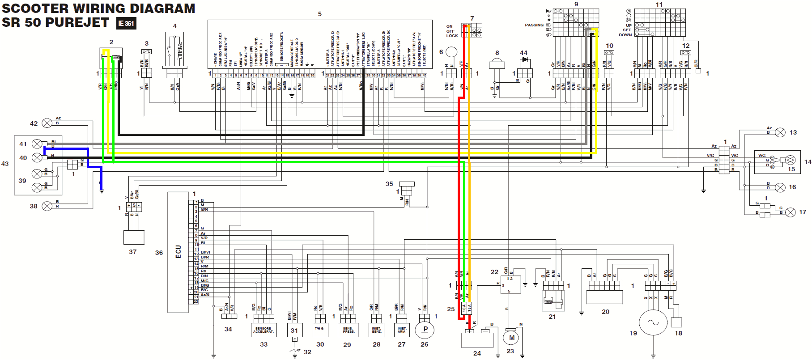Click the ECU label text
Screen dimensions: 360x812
click(178, 252)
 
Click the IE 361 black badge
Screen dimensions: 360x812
click(126, 23)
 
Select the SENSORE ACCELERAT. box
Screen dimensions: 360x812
click(264, 330)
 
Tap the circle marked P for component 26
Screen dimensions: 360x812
click(425, 330)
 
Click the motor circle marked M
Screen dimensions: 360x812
click(511, 338)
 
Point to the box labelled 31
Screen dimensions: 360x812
click(294, 330)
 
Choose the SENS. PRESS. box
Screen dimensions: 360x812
click(349, 330)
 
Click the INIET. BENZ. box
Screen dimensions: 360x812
click(377, 330)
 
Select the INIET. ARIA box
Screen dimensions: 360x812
click(402, 330)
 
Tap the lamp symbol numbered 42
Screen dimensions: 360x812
click(47, 123)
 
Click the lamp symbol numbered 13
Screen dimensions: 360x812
click(780, 132)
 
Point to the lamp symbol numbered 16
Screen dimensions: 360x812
click(780, 187)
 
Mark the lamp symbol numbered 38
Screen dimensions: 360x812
click(47, 206)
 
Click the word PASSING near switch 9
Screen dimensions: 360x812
click(534, 25)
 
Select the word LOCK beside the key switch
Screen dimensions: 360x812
click(452, 36)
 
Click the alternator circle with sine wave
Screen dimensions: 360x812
click(653, 322)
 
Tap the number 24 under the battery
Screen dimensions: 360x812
click(477, 353)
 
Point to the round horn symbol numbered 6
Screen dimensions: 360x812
click(451, 52)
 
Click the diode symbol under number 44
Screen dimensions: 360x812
click(525, 59)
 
